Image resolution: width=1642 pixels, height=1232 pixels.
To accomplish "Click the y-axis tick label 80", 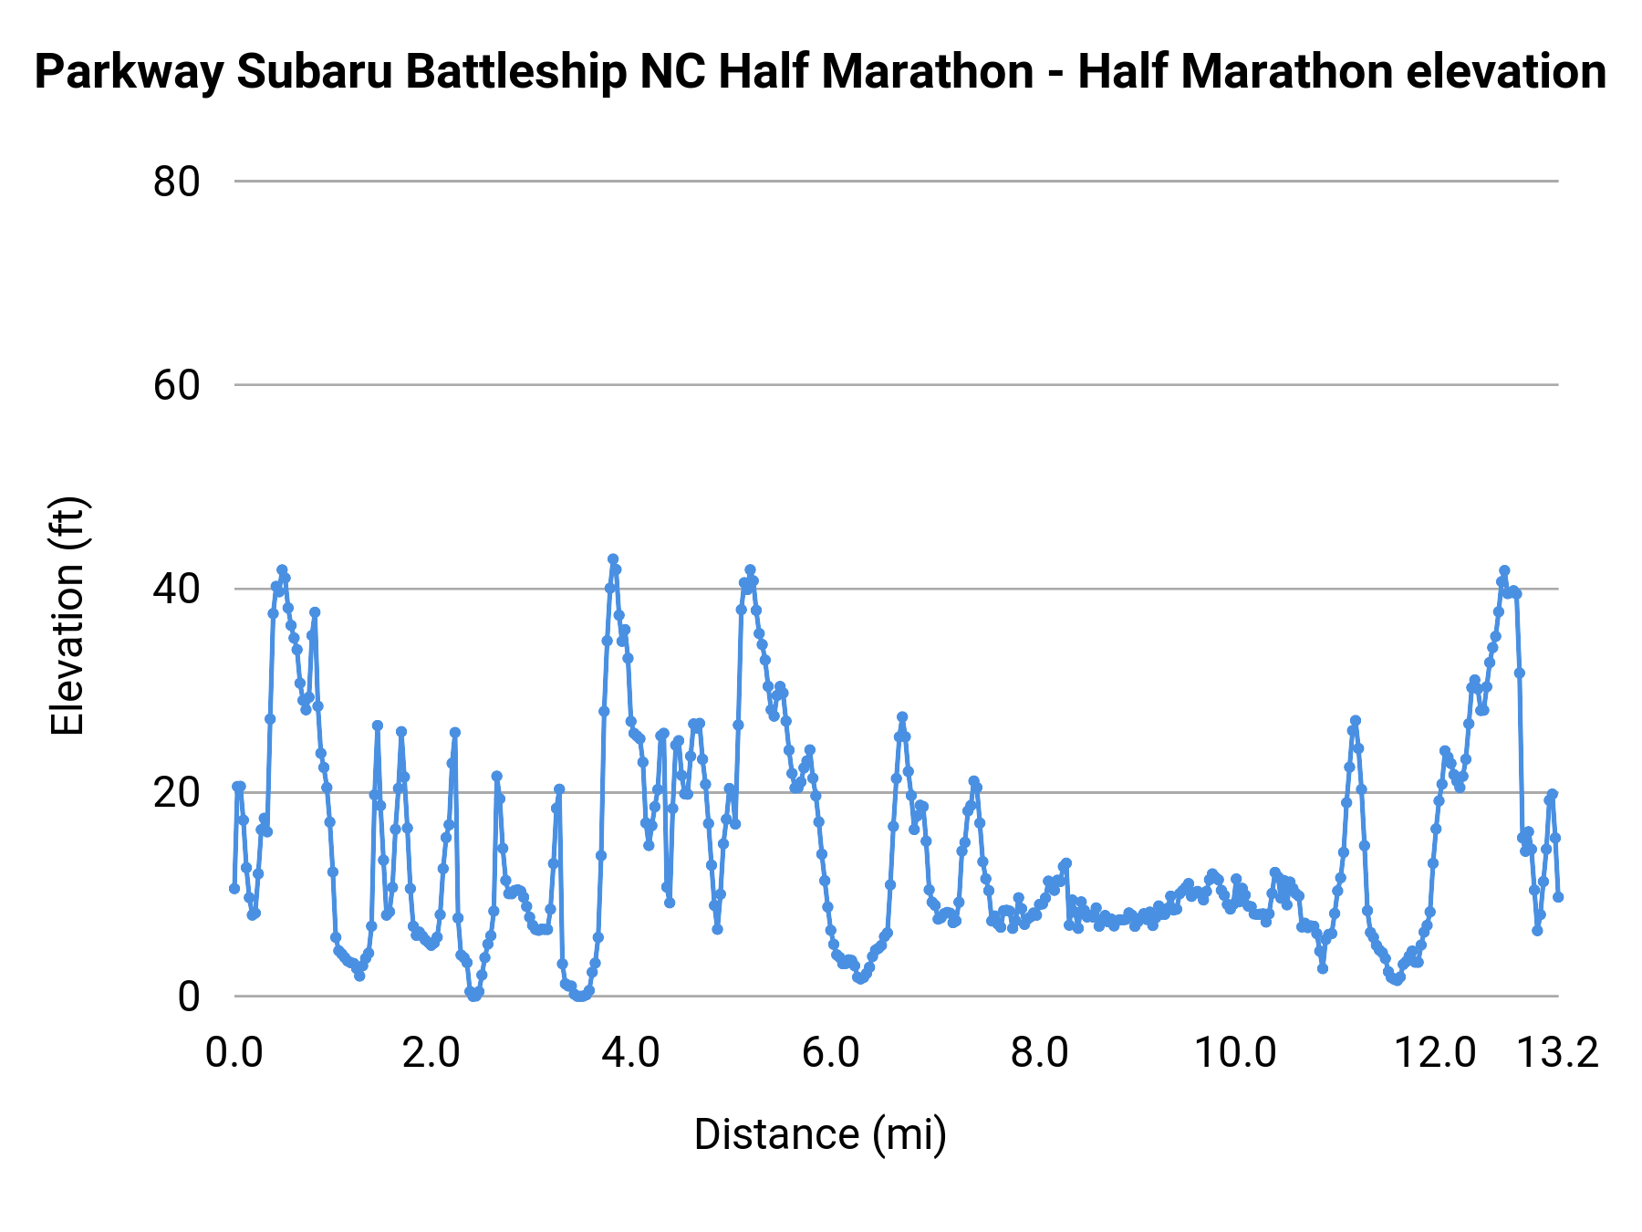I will (176, 182).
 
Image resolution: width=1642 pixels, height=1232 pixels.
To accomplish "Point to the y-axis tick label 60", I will (176, 385).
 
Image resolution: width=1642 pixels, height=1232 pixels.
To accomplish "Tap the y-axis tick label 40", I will (176, 589).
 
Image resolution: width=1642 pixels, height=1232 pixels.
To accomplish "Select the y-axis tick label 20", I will (176, 792).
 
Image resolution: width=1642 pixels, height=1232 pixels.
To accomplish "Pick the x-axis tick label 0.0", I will (234, 1053).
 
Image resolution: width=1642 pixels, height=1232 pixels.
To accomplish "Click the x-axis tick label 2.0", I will (431, 1053).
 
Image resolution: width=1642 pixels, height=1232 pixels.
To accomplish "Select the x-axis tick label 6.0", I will (831, 1053).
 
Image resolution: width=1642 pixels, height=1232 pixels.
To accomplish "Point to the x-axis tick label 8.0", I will (1040, 1053).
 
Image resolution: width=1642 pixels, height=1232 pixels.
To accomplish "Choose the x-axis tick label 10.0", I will (1236, 1053).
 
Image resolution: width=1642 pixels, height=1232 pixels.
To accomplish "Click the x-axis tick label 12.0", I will (1436, 1053).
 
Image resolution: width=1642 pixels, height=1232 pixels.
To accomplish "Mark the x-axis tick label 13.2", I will (1558, 1053).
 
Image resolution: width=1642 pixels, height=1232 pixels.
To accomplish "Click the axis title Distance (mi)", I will (820, 1134).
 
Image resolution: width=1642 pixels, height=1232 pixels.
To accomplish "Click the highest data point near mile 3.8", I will (613, 559).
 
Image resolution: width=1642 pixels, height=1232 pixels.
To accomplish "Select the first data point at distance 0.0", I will (234, 888).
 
